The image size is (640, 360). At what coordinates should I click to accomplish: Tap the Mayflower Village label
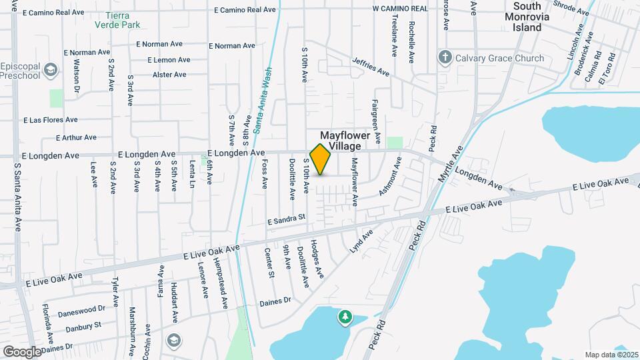pos(345,140)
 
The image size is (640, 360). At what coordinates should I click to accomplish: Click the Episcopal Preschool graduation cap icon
pos(51,69)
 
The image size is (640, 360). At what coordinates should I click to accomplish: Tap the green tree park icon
pos(345,317)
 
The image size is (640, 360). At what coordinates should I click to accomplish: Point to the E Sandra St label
pos(285,217)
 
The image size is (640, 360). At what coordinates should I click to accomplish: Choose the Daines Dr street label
pos(275,301)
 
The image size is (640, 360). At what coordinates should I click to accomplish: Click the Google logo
pos(22,351)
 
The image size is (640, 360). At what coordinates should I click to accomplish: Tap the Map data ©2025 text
pos(611,354)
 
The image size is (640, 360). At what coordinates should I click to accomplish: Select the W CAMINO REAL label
pos(400,9)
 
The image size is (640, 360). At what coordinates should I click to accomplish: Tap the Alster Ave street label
pos(169,75)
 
